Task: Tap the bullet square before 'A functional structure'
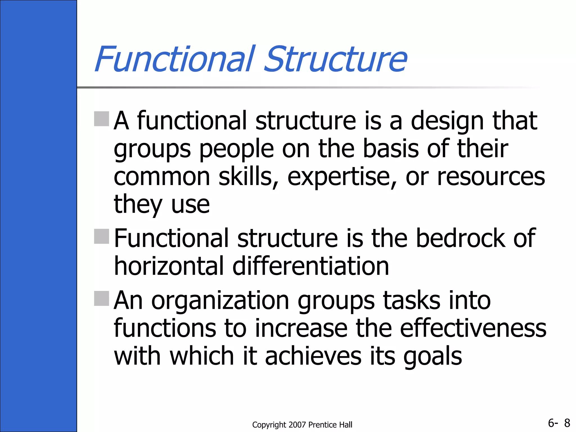(102, 119)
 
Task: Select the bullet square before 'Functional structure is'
(102, 236)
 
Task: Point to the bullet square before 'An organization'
(102, 298)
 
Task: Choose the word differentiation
(311, 266)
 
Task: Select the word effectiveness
(473, 328)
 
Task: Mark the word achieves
(313, 356)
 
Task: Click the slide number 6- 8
(559, 423)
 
